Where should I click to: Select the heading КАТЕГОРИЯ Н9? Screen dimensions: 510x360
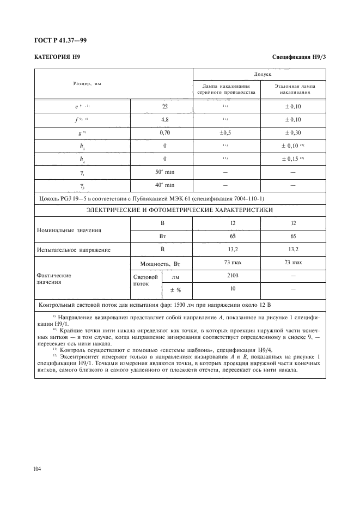[57, 57]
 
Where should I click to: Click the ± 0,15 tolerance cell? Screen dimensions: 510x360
[292, 159]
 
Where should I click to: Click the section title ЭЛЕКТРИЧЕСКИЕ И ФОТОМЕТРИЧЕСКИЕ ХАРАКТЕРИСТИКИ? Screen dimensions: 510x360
[180, 210]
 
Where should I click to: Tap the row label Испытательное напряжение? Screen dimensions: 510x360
[74, 250]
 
